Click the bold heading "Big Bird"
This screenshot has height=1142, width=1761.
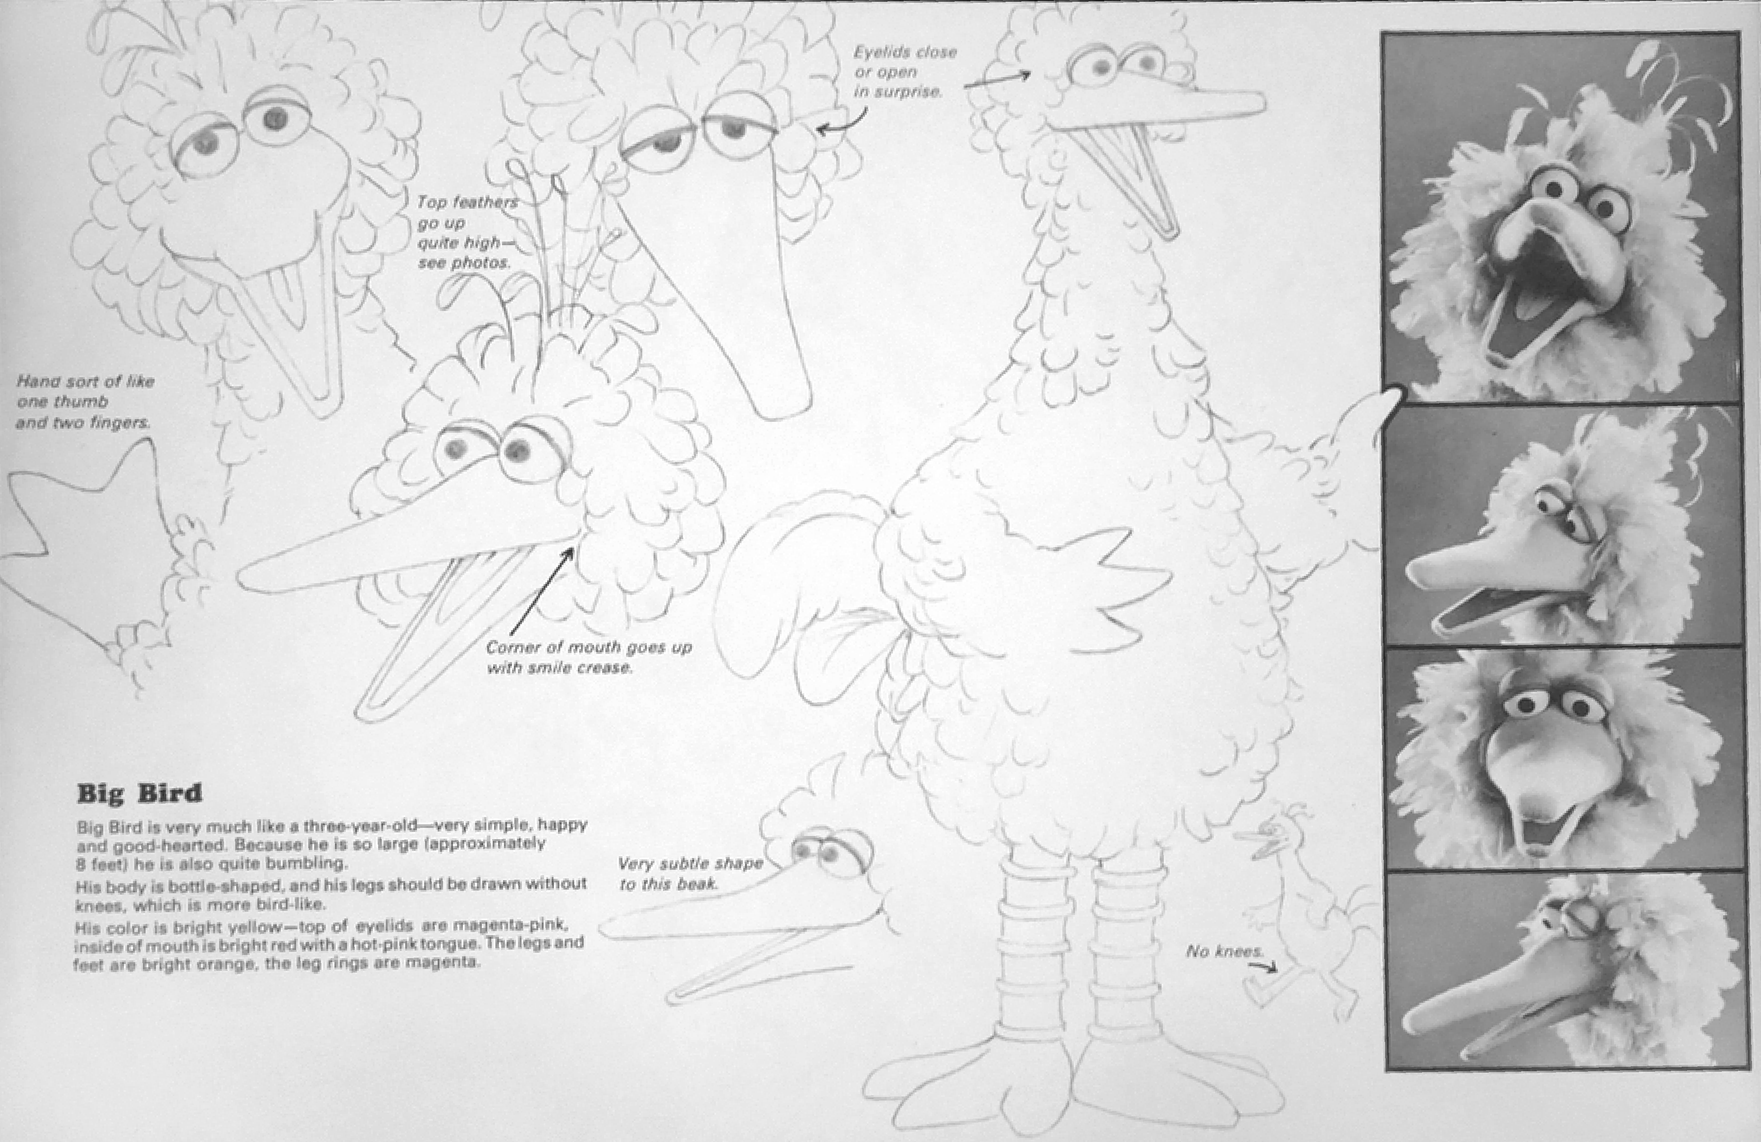(x=139, y=794)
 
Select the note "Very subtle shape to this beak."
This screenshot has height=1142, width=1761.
(x=690, y=873)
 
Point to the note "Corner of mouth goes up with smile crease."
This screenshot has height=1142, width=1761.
(x=589, y=657)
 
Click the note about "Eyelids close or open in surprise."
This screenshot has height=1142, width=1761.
(x=905, y=72)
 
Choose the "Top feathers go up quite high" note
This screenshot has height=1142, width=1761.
(x=466, y=232)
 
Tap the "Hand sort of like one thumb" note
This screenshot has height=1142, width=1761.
(x=85, y=402)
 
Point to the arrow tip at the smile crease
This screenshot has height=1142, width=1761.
(x=573, y=548)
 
